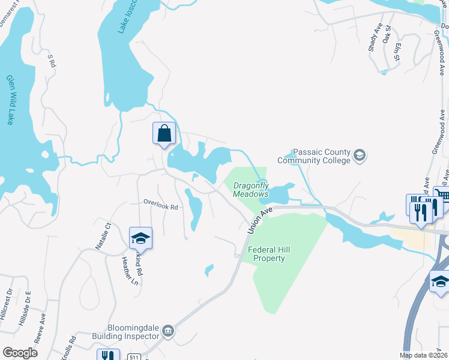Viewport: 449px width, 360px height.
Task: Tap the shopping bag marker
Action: pyautogui.click(x=164, y=133)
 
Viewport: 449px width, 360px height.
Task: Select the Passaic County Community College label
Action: pyautogui.click(x=313, y=157)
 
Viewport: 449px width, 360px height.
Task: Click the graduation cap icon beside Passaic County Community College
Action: pyautogui.click(x=360, y=156)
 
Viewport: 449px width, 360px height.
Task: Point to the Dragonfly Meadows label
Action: pyautogui.click(x=251, y=190)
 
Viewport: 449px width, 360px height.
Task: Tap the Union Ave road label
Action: pyautogui.click(x=259, y=220)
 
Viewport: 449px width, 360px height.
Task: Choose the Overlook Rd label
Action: pyautogui.click(x=161, y=207)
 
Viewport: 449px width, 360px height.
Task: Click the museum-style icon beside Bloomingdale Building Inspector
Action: pyautogui.click(x=167, y=331)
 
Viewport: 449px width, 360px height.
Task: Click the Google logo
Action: pyautogui.click(x=20, y=353)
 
